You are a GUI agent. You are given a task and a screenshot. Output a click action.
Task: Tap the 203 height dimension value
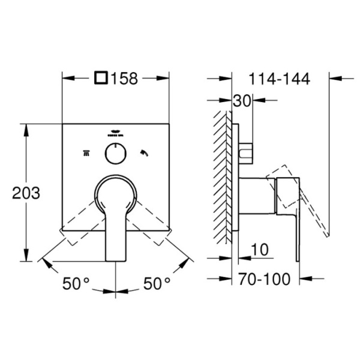coord(26,193)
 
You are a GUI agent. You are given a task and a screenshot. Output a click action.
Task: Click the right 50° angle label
coord(157,283)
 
